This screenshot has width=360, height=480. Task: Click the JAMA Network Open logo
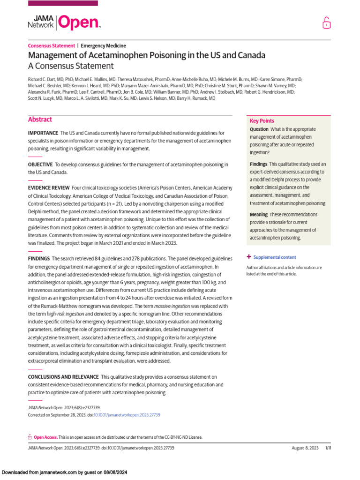coord(65,22)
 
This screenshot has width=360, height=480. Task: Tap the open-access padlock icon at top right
coord(326,22)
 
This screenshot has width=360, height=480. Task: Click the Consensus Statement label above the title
coord(52,46)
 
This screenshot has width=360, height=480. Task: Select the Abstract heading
coord(40,120)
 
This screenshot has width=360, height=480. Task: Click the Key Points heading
coord(262,120)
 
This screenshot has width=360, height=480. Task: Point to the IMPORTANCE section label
coord(43,134)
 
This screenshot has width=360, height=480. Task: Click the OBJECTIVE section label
coord(40,165)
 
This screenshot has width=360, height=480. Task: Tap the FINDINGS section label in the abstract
coord(39,259)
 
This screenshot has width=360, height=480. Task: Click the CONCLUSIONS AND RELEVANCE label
coord(63,377)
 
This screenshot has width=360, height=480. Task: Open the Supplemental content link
coord(274,257)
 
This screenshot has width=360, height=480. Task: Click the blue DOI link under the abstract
coord(127,415)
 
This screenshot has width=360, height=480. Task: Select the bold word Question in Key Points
coord(259,129)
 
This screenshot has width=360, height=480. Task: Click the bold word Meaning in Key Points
coord(259,215)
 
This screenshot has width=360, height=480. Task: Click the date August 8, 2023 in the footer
coord(305,448)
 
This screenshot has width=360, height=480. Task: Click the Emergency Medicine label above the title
coord(103,46)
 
